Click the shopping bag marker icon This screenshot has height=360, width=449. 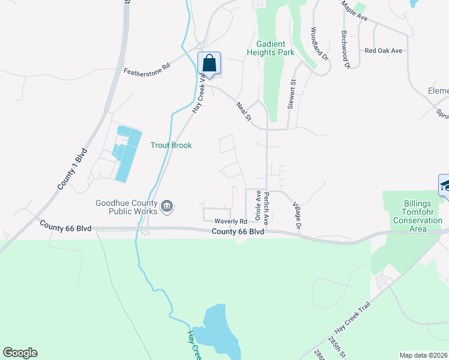[x=209, y=62]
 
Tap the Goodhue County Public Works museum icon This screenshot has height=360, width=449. [x=167, y=207]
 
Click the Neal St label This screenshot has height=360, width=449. [x=243, y=112]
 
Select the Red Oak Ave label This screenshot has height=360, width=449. [x=383, y=51]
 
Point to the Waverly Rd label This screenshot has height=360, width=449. [x=231, y=221]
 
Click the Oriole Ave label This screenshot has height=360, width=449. [x=259, y=205]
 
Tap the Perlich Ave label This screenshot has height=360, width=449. [x=266, y=208]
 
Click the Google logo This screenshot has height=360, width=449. [x=20, y=353]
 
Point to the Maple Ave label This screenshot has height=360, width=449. [x=354, y=10]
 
